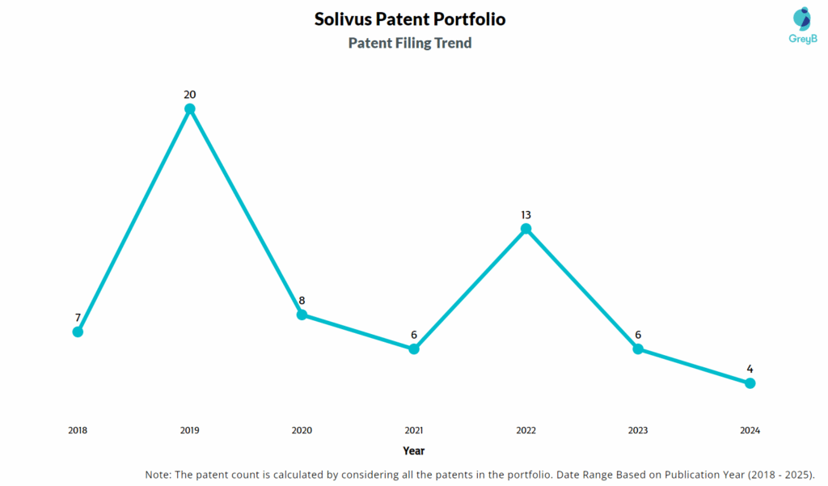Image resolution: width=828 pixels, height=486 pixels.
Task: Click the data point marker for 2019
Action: click(190, 109)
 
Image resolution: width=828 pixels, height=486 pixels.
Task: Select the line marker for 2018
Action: click(78, 332)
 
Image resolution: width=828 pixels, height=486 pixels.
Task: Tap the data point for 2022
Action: click(526, 229)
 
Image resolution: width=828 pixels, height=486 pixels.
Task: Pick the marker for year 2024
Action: click(750, 383)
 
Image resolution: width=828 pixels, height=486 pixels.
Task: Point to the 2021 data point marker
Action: click(414, 349)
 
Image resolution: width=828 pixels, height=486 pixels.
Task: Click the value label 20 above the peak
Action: click(190, 95)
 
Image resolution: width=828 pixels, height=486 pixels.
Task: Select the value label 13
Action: click(526, 214)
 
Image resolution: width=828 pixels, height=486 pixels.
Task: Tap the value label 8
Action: click(302, 301)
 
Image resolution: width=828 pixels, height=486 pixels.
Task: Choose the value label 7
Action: click(78, 317)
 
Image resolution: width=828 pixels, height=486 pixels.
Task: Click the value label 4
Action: click(750, 369)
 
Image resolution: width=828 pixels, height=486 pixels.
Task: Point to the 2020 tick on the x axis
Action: click(302, 430)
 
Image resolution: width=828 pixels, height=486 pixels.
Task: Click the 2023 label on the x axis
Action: click(638, 430)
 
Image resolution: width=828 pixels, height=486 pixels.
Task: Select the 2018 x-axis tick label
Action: click(78, 430)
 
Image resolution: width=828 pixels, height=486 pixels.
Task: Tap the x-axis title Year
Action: click(414, 450)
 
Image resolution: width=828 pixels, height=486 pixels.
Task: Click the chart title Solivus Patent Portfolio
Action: click(410, 19)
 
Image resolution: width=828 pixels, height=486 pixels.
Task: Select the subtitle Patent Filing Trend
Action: click(410, 43)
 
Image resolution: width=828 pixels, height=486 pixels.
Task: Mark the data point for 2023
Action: click(638, 349)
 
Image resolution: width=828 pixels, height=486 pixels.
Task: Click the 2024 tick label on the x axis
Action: click(750, 430)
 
